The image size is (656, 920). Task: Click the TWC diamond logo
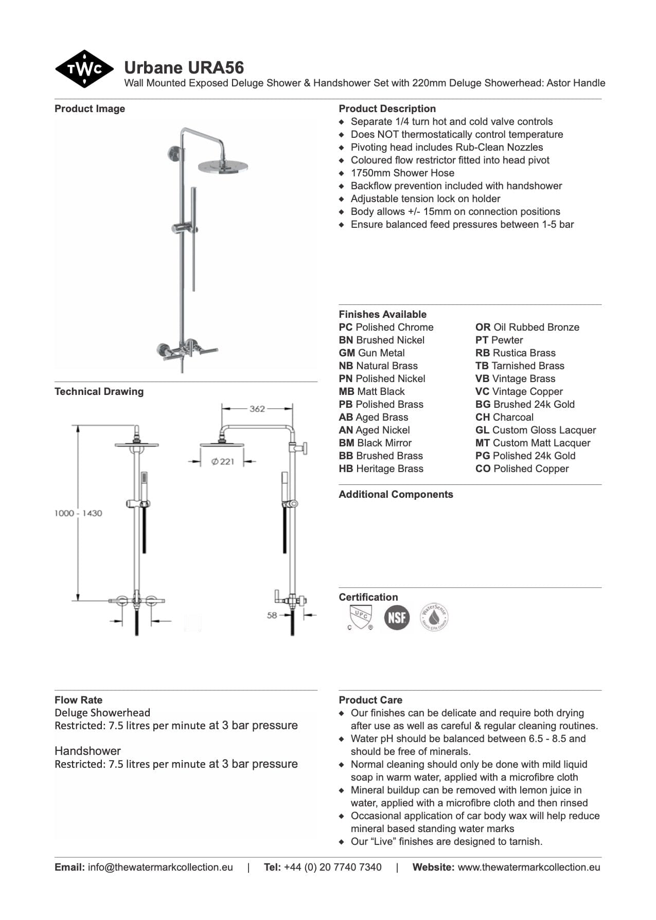tap(84, 69)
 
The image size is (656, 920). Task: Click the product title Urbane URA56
tap(184, 67)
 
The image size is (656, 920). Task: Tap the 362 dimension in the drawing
tap(257, 409)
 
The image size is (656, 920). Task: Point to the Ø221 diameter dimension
tap(222, 461)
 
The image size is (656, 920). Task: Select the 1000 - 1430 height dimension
tap(78, 513)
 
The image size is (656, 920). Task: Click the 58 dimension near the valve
tap(272, 615)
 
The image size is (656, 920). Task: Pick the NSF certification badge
tap(397, 617)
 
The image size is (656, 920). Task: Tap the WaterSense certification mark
tap(434, 617)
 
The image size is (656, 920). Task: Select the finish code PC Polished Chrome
tap(386, 327)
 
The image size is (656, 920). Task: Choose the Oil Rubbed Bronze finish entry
tap(527, 327)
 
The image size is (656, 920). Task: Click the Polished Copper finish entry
tap(522, 468)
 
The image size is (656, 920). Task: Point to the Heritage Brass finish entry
tap(381, 468)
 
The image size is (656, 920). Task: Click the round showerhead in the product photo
tap(223, 166)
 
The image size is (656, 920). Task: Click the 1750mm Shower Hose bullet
tap(402, 173)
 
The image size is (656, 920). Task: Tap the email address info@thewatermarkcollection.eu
tap(160, 867)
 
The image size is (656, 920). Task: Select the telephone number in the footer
tap(332, 867)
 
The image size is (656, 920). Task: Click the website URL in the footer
tap(529, 867)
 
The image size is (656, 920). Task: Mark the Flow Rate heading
tap(78, 700)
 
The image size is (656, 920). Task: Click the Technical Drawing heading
tap(99, 391)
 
